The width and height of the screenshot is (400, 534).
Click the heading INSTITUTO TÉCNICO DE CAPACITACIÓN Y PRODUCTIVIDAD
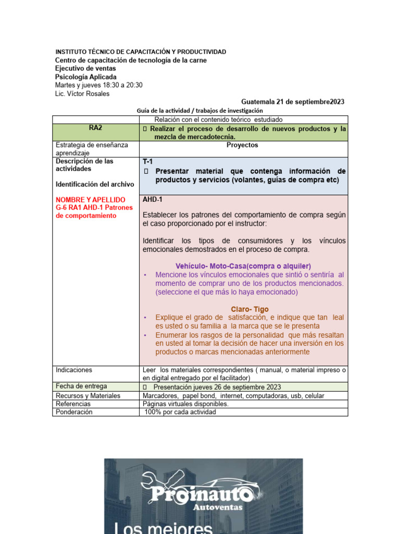coord(141,52)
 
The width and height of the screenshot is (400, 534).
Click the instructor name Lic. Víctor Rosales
coord(82,94)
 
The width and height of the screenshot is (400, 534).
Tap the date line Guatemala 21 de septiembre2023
coord(285,102)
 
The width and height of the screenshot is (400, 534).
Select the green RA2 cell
coord(96,128)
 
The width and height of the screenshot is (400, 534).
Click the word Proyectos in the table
coord(242,145)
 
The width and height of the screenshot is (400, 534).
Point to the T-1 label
coord(148,162)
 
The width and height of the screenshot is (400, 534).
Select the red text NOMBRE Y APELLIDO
coord(91,200)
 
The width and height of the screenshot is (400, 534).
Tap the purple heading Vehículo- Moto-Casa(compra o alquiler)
coord(243,266)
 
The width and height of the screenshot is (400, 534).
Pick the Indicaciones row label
coord(74,370)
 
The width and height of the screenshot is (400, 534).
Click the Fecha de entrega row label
coord(81,386)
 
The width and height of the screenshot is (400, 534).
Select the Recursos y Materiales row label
coord(88,396)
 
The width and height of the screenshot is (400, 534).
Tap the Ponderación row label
coord(74,411)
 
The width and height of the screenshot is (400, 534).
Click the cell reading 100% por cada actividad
coord(180,411)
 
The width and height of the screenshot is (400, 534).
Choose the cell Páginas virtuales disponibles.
coord(185,404)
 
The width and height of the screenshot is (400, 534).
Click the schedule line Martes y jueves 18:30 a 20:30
coord(99,86)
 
